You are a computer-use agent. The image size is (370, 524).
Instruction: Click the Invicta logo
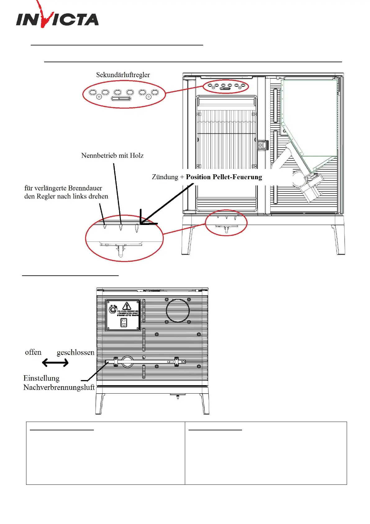pos(57,18)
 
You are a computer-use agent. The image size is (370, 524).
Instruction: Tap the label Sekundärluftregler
pos(123,75)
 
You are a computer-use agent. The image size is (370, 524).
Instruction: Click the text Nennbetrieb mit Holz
pos(112,156)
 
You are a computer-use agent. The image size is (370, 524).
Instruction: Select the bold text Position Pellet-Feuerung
pos(224,177)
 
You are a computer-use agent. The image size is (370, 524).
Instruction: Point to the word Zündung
pos(165,177)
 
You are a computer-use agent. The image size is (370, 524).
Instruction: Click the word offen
pos(33,352)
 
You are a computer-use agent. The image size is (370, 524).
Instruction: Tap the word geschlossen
pos(75,353)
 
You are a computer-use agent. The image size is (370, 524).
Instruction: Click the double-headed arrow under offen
pos(55,363)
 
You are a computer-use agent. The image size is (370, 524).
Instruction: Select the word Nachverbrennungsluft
pos(59,387)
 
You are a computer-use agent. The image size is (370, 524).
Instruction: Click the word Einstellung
pos(41,378)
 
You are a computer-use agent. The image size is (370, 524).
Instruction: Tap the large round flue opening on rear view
pos(178,311)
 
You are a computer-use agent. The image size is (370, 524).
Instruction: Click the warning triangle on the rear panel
pos(126,306)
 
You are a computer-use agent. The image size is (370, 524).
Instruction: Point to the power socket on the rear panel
pos(124,323)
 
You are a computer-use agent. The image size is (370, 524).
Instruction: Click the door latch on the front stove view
pos(263,145)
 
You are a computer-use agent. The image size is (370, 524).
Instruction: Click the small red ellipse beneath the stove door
pos(226,223)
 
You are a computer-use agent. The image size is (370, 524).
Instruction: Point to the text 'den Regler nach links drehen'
pos(66,196)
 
